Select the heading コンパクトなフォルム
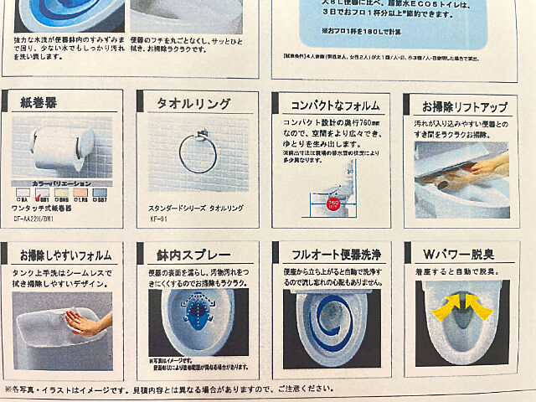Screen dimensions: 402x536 point(329,106)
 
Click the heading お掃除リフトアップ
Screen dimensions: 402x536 point(464,108)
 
